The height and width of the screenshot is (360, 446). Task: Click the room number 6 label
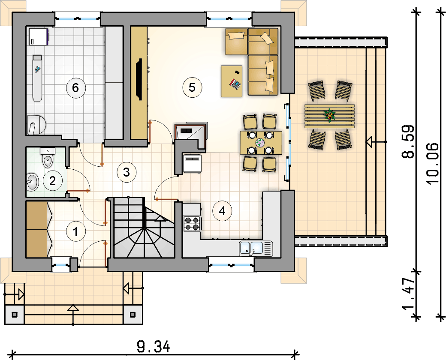(75, 87)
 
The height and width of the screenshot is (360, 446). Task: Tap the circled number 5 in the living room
(192, 87)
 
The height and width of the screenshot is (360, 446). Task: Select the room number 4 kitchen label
(222, 211)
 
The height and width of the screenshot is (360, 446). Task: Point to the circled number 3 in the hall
(127, 172)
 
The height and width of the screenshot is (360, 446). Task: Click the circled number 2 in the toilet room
(53, 180)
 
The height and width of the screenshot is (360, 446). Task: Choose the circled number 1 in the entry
(75, 232)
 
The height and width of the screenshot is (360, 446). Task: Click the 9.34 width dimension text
(154, 347)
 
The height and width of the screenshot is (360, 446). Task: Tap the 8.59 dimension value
(407, 141)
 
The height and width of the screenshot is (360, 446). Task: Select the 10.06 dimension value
(433, 163)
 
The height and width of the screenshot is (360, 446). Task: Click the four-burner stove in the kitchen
(192, 224)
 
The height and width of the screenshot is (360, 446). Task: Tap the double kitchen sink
(256, 249)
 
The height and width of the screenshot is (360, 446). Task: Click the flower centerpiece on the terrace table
(330, 115)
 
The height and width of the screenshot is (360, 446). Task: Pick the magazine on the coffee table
(235, 84)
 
